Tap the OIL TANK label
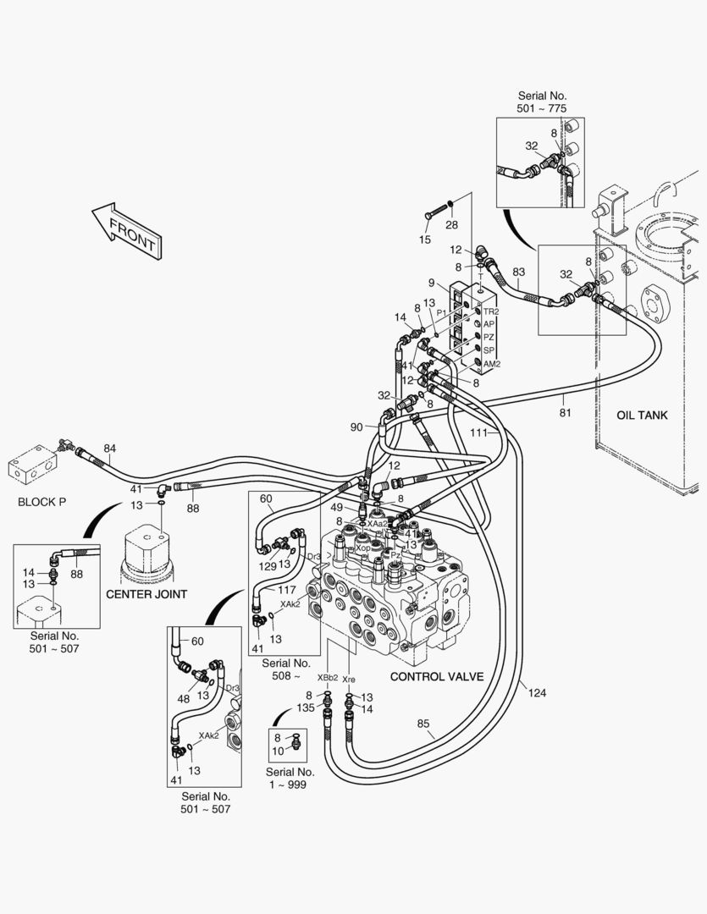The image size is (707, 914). pos(642,416)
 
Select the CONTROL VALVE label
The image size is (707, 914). pos(436,677)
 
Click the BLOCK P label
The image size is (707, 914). pos(41,502)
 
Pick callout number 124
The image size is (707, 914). pos(537,693)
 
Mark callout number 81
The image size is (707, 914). pos(565,413)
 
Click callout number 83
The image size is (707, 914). pos(518,272)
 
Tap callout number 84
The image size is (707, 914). pos(110,448)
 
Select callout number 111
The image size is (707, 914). pos(479,432)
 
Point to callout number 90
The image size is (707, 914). pos(356,427)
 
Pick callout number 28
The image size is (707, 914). pos(451,224)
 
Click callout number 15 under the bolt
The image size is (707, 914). pos(425,240)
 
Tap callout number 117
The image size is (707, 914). pos(287,589)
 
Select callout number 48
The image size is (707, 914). pos(182,699)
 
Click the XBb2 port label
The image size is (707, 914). pos(328,678)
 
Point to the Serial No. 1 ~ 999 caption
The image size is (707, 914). pos(290,778)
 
